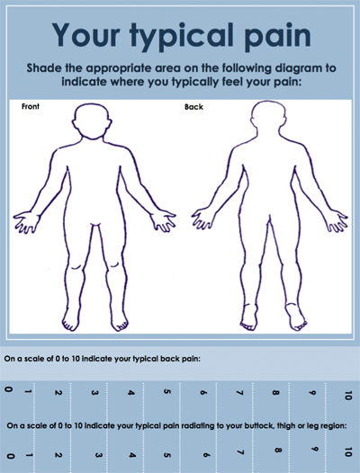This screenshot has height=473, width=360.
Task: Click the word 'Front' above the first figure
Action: (x=31, y=106)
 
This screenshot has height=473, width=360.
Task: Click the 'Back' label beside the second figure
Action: (x=193, y=107)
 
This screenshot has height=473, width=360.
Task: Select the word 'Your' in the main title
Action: (x=86, y=34)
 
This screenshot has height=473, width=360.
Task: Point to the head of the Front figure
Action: (x=92, y=121)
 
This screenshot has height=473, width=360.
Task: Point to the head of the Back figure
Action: (x=268, y=119)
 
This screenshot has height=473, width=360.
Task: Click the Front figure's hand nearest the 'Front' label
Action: (x=26, y=222)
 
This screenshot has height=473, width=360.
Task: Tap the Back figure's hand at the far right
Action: (x=336, y=221)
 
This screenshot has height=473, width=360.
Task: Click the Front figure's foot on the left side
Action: (x=71, y=321)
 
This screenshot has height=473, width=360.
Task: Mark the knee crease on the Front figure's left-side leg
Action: (x=76, y=267)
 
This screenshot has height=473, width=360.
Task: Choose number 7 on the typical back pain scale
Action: (x=239, y=393)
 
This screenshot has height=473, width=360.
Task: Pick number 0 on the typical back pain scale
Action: (x=9, y=389)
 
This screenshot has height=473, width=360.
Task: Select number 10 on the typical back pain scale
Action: (x=348, y=395)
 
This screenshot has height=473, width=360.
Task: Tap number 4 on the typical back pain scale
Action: (x=130, y=393)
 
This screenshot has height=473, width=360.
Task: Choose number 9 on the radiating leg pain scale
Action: (x=314, y=449)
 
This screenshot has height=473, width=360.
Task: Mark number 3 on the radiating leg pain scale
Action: (x=97, y=455)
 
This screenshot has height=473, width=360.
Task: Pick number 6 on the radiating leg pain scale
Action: (x=206, y=455)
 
